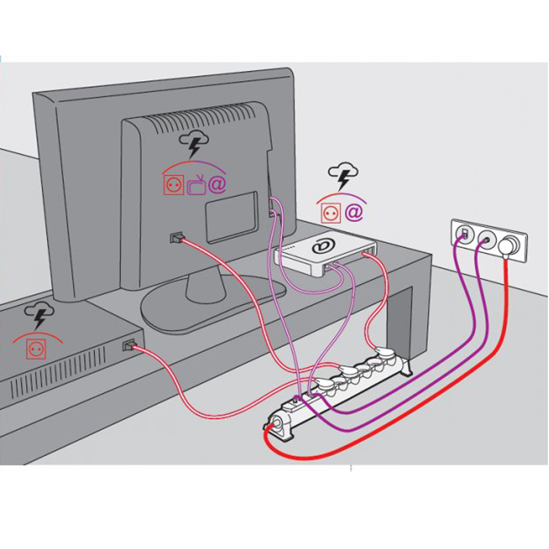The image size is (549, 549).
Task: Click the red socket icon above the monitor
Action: pos(172,185)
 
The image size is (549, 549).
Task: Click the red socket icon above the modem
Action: pos(330,213)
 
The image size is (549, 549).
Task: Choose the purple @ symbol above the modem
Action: pos(353,213)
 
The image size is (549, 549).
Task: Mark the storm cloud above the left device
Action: pos(38,316)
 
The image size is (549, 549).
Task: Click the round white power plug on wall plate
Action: pos(509,245)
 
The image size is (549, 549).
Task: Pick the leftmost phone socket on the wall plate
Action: pos(464,233)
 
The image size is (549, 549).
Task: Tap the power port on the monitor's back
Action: pos(175,237)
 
